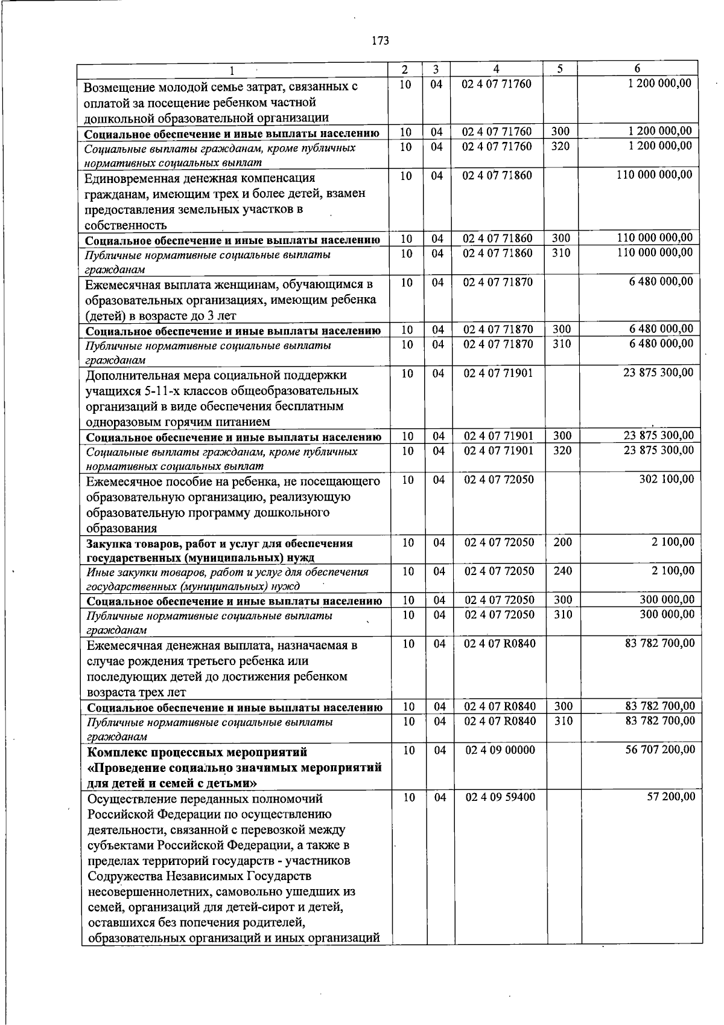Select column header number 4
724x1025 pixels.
pos(495,69)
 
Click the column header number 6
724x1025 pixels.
pos(637,69)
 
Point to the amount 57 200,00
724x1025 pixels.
pos(670,797)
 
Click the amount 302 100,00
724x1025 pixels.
pos(666,479)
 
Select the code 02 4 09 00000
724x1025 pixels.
pos(500,750)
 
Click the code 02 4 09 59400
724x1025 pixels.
pos(500,797)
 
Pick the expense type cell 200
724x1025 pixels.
pos(562,542)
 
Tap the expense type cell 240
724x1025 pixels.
pos(562,571)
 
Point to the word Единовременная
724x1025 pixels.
pos(129,178)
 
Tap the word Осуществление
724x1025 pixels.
pos(127,799)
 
